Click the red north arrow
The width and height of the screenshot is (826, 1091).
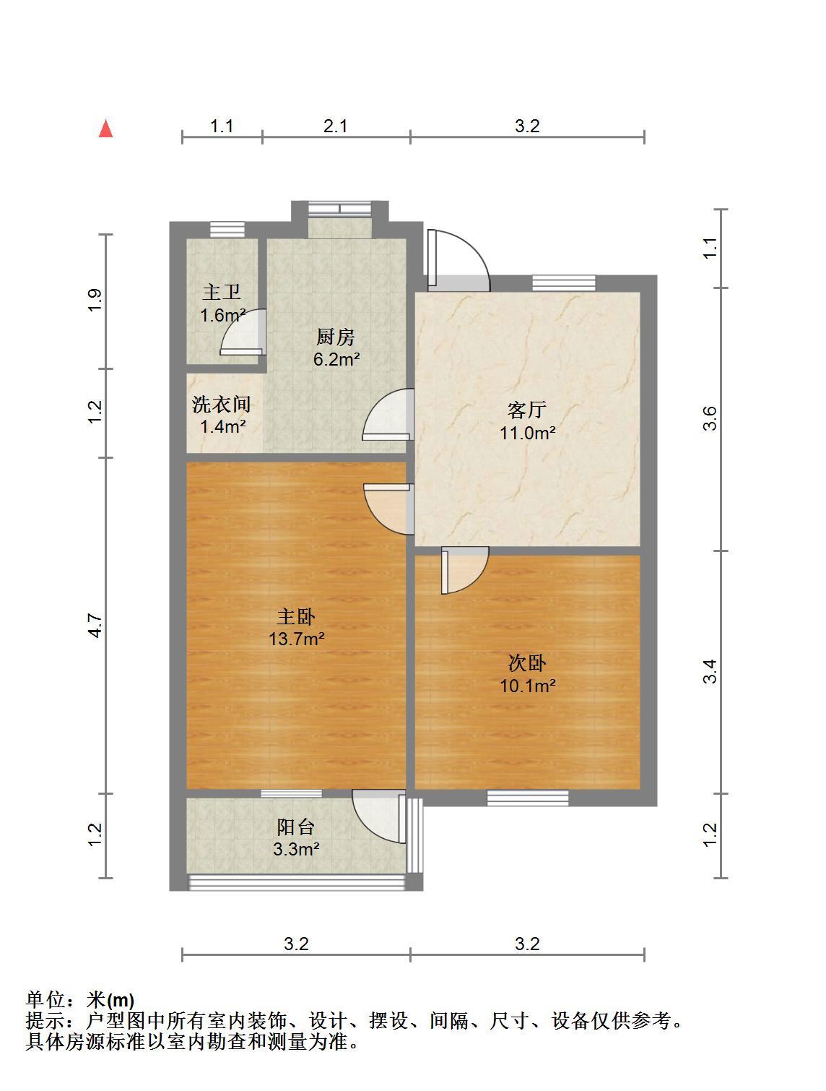point(105,128)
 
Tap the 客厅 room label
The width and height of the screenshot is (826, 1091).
point(526,410)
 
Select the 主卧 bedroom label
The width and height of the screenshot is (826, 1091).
point(296,616)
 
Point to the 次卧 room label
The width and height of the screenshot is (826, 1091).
point(526,663)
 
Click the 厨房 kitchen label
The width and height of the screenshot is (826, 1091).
point(336,337)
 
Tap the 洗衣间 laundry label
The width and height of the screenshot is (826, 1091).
point(222,404)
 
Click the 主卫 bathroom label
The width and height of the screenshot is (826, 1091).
point(222,292)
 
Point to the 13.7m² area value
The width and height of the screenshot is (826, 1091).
point(297,639)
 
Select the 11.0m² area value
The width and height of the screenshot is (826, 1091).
point(527,433)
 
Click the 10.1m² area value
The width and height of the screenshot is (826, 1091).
point(527,686)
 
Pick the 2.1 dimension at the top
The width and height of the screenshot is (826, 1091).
point(335,126)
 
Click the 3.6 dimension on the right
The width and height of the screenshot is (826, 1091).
point(710,418)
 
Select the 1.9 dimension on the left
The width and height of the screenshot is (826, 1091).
point(95,300)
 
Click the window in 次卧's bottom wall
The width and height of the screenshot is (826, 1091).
point(528,798)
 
